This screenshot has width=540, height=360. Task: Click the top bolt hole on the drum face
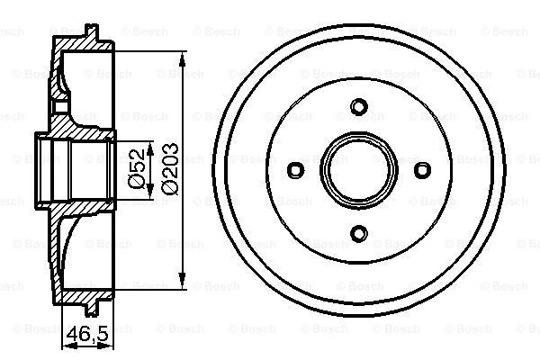(358, 107)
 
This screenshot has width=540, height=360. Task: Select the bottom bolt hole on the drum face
(358, 234)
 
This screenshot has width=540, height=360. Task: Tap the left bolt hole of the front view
(295, 170)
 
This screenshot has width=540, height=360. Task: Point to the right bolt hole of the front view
(421, 170)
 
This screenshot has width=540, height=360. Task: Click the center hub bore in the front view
(358, 170)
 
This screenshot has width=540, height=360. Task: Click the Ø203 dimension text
(169, 171)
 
